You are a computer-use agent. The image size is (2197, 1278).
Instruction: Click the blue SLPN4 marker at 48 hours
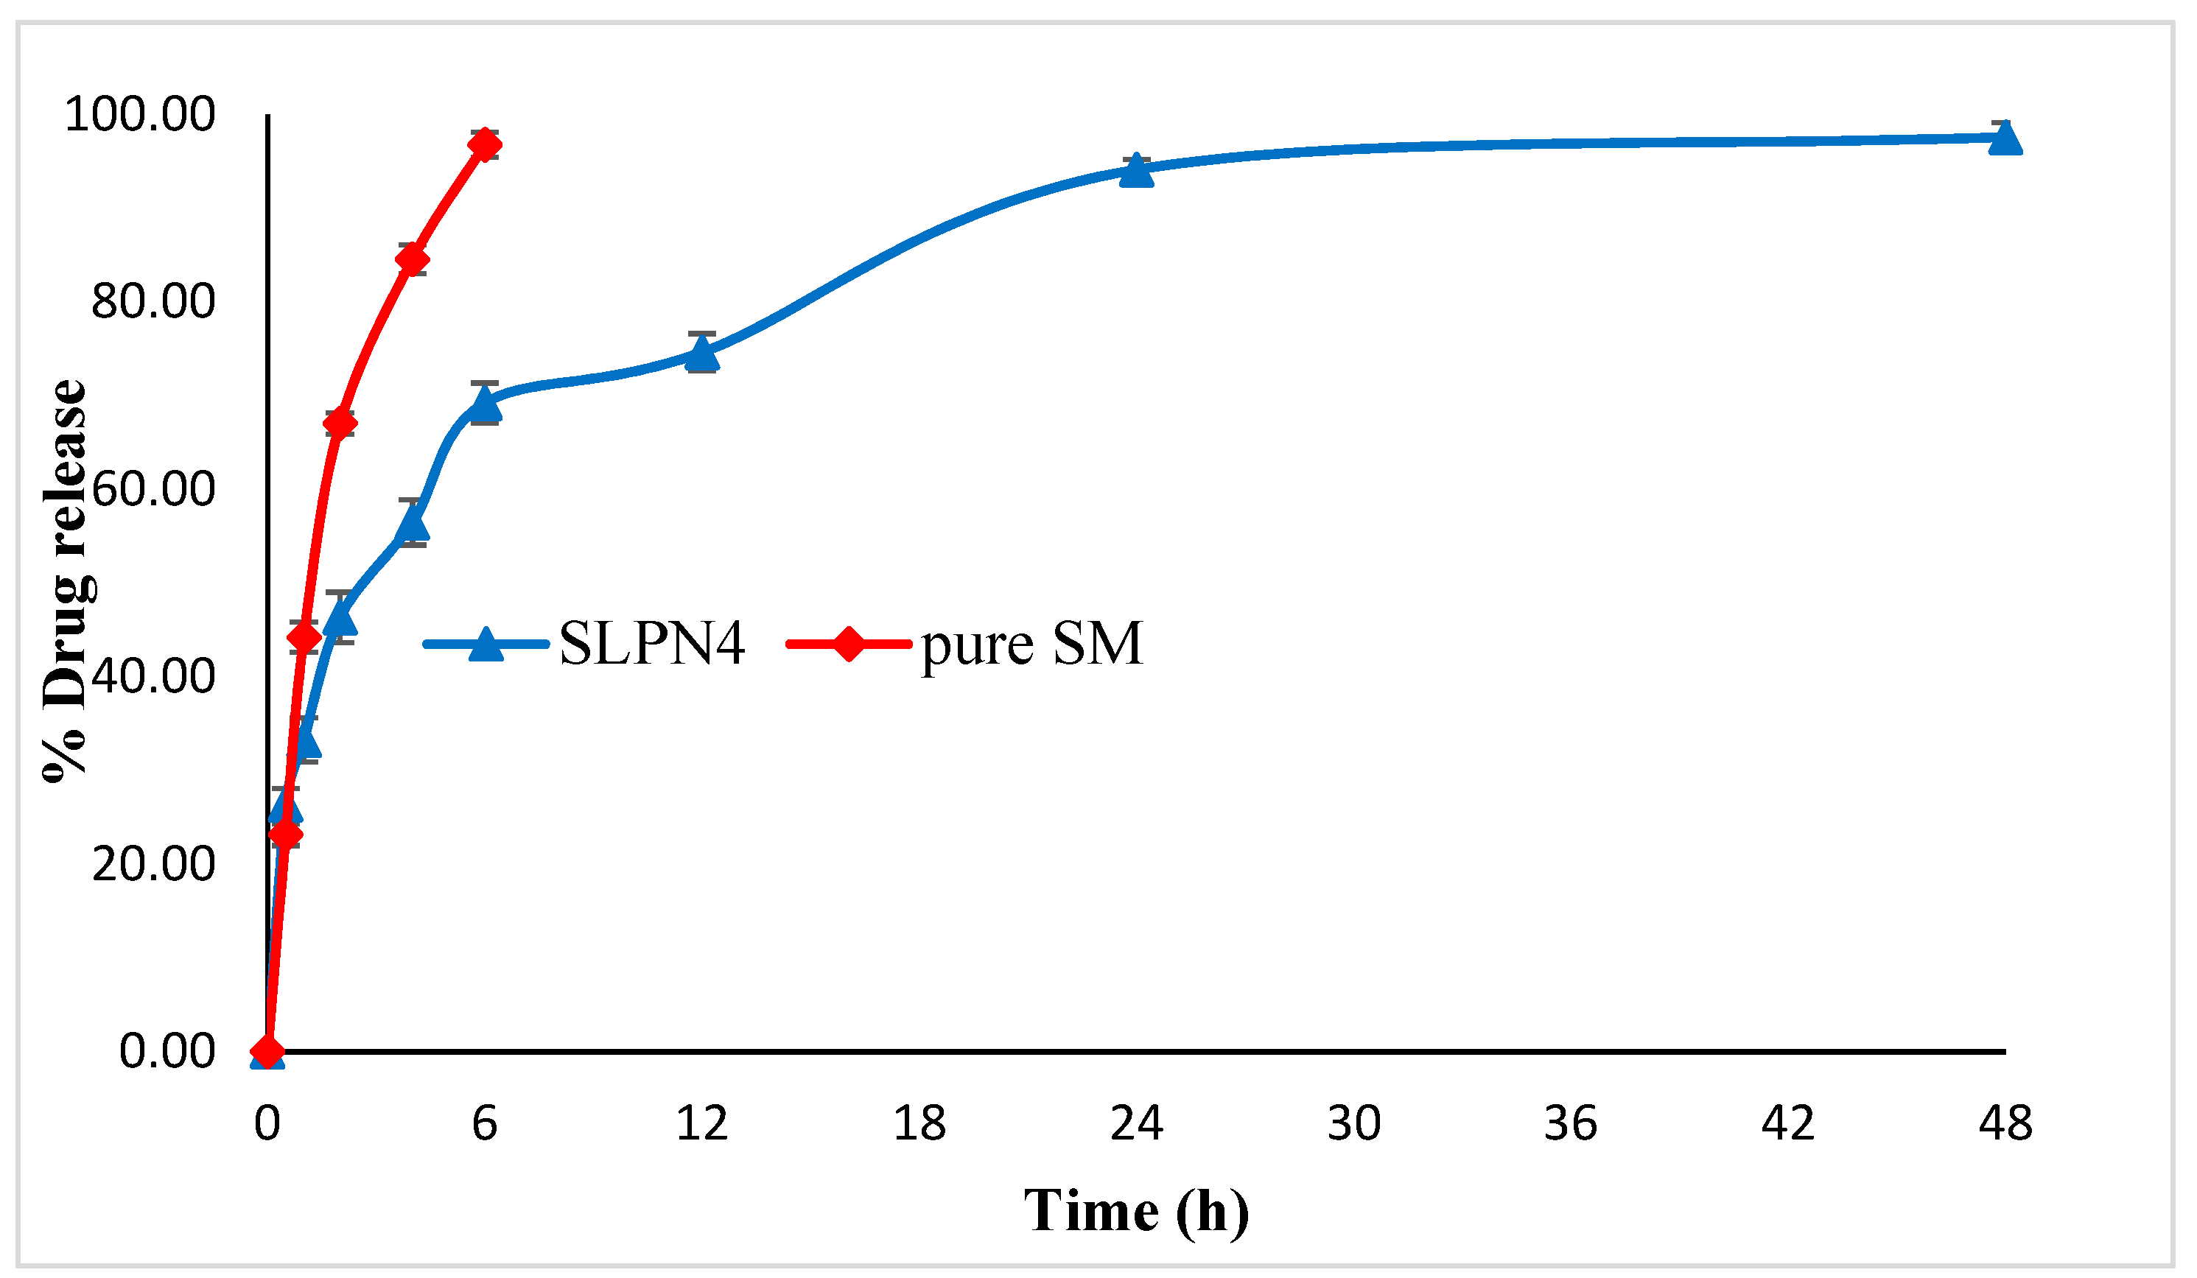click(x=2004, y=138)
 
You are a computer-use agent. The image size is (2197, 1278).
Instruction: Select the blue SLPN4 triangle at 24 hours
click(x=1136, y=171)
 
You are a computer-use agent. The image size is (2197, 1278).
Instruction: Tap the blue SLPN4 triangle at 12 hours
click(x=702, y=354)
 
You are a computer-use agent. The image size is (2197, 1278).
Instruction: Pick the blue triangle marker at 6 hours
click(x=485, y=404)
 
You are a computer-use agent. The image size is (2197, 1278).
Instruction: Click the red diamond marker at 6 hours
click(x=485, y=144)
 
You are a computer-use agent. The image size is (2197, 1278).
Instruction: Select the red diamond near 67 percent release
click(x=340, y=424)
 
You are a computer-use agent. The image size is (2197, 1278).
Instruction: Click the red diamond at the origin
click(x=267, y=1051)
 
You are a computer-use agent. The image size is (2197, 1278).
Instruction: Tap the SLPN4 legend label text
click(x=651, y=645)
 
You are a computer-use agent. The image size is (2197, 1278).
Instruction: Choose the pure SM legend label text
click(x=1031, y=645)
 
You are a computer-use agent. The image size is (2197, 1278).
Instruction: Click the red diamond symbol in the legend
click(x=848, y=645)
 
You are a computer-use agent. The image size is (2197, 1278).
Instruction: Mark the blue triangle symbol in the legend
click(x=486, y=645)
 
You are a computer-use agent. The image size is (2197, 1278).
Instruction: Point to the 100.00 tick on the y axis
click(x=139, y=114)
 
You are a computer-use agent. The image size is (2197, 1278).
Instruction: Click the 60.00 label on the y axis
click(x=153, y=489)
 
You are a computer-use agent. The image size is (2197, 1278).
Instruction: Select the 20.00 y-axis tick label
click(x=153, y=864)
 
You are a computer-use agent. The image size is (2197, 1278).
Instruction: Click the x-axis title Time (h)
click(x=1136, y=1211)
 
